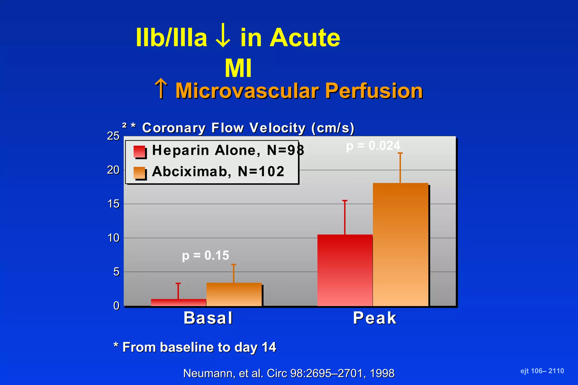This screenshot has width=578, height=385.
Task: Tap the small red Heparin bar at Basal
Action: (178, 302)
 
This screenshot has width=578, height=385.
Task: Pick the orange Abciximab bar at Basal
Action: (234, 295)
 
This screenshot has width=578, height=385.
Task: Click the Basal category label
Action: (208, 318)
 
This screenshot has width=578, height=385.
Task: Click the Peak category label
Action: (375, 318)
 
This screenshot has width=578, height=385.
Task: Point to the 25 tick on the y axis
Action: (113, 136)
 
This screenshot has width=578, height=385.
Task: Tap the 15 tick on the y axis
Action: (113, 204)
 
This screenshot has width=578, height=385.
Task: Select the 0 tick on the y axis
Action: (116, 306)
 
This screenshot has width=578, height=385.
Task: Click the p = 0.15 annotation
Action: (205, 255)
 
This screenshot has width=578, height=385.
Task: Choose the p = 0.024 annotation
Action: (373, 146)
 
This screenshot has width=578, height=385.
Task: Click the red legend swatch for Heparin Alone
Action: (139, 152)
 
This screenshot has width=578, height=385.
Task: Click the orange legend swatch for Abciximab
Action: (139, 173)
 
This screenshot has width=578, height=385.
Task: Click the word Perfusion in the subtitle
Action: (374, 91)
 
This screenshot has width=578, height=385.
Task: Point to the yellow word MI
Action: (238, 68)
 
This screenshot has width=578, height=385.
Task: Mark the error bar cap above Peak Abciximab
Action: (400, 153)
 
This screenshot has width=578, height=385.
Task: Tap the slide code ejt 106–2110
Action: (542, 371)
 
